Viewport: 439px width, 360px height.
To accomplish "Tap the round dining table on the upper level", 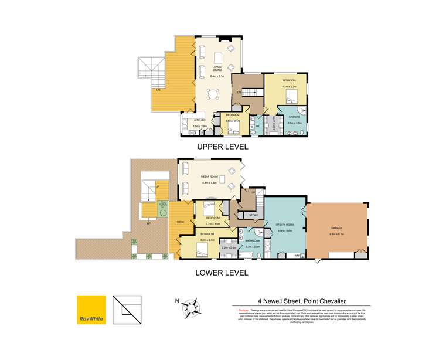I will [218, 93].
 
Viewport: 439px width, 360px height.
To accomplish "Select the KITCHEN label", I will [200, 120].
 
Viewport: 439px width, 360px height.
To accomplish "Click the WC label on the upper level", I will [257, 126].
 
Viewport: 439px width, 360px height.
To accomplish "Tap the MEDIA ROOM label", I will [210, 176].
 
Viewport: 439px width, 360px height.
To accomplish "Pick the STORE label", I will [253, 216].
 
